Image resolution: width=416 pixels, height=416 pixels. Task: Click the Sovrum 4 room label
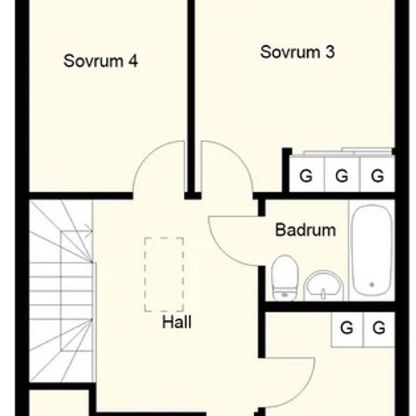(x=101, y=61)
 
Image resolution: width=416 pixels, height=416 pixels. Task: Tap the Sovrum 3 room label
(x=297, y=52)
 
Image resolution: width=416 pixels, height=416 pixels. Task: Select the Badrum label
(x=306, y=230)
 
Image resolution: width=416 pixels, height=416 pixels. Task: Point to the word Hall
(x=177, y=322)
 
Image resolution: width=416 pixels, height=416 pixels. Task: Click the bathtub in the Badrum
(x=372, y=250)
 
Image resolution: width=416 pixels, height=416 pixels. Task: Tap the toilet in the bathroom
(x=285, y=278)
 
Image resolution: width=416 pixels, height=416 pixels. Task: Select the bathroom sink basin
(x=323, y=285)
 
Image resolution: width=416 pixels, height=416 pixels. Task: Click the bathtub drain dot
(x=372, y=284)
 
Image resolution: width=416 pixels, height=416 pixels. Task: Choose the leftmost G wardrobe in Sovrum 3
(x=306, y=175)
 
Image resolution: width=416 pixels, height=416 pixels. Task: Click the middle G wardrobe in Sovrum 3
(x=342, y=175)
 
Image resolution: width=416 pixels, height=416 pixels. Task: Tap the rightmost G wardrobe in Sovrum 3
(x=377, y=175)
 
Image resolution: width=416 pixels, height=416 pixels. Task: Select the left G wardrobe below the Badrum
(x=346, y=328)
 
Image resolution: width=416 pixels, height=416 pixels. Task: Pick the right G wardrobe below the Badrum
(x=379, y=328)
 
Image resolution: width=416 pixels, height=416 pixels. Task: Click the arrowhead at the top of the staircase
(x=90, y=228)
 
